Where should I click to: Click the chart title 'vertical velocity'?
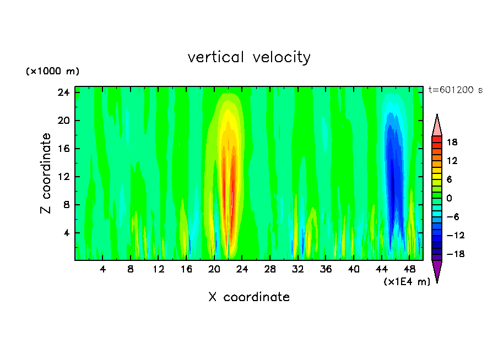point(249,57)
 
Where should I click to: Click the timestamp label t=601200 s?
point(455,90)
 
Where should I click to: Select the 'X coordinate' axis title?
point(249,297)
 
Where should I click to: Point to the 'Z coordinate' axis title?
point(46,173)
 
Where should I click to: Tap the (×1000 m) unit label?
point(53,72)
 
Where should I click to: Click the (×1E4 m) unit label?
point(407,282)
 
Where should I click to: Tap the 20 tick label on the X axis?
point(214,270)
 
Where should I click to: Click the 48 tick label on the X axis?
point(409,270)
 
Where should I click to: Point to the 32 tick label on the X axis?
point(297,270)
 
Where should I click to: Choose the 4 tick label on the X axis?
point(102,270)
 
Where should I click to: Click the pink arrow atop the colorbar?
point(437,126)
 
